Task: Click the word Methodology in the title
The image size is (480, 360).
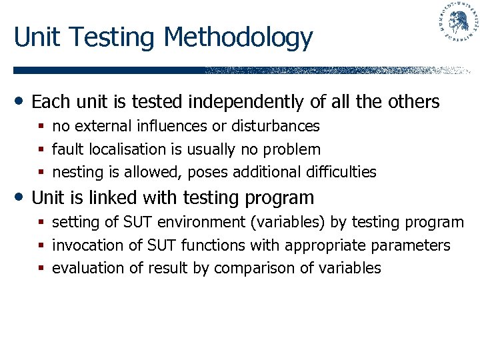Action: click(238, 39)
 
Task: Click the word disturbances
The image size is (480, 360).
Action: click(275, 126)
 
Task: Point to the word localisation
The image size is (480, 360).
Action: click(117, 149)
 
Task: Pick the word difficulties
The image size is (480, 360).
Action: click(341, 172)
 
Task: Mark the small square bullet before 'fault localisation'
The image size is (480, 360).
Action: click(41, 150)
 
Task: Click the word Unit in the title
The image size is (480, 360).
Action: click(37, 37)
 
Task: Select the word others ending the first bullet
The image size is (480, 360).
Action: click(413, 102)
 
